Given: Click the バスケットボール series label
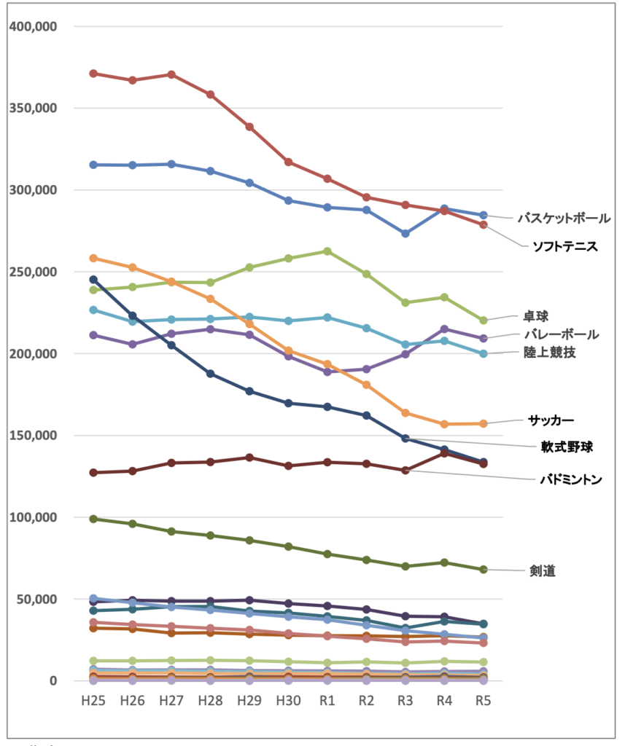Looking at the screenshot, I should click(564, 217).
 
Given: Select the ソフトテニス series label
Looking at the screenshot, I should click(564, 247).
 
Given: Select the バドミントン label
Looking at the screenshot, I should click(571, 479).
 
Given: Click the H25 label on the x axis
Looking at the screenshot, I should click(93, 700).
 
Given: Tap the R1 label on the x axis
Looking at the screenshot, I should click(327, 700).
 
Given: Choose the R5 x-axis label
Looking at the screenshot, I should click(484, 700).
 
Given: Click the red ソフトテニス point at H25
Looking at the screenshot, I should click(93, 74).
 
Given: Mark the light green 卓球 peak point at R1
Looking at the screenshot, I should click(327, 251).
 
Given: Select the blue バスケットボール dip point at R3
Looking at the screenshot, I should click(405, 234).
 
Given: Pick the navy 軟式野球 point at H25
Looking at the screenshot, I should click(93, 279).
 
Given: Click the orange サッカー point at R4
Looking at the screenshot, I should click(445, 424).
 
